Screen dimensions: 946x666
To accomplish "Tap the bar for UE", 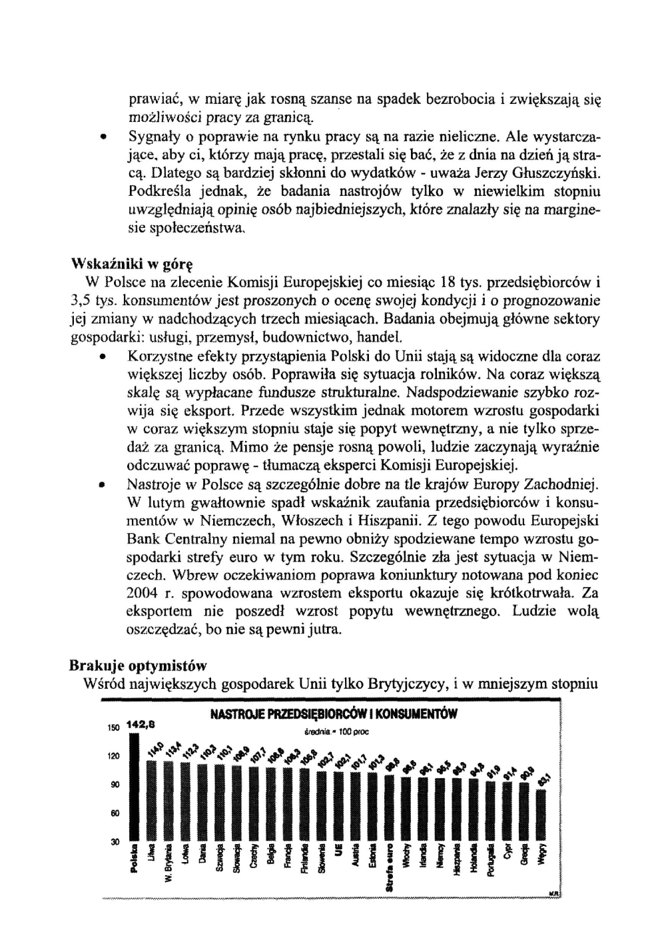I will tap(338, 806).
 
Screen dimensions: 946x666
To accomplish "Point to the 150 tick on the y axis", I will tap(113, 727).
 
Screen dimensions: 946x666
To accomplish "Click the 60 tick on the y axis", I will tap(115, 813).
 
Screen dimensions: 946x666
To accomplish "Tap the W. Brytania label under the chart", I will tap(168, 865).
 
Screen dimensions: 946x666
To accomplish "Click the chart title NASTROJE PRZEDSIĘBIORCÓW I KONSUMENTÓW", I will tap(333, 715).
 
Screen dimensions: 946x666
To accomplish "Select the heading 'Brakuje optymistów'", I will tap(138, 666).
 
